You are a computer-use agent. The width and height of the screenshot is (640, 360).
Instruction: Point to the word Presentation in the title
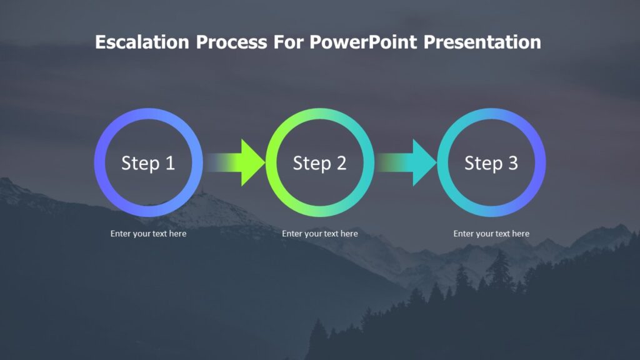point(482,42)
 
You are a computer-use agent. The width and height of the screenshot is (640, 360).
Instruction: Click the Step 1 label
point(148,163)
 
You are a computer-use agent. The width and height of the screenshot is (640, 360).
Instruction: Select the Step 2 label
point(319,163)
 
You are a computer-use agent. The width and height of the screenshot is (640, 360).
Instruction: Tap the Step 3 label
point(491,163)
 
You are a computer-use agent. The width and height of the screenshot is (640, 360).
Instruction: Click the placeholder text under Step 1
point(148,234)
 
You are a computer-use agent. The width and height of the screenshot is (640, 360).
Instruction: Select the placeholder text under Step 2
point(319,234)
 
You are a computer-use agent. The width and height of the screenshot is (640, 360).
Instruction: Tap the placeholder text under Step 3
point(491,234)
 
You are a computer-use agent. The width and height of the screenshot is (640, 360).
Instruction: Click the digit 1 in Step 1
point(169,163)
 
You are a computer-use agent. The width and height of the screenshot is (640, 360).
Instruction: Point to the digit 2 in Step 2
point(341,163)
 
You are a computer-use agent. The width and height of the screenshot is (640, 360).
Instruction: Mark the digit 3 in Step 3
point(512,163)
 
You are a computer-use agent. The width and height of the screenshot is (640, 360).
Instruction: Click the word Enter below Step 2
point(292,234)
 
